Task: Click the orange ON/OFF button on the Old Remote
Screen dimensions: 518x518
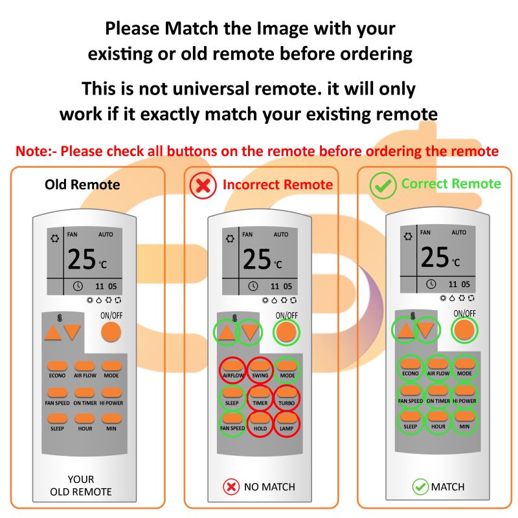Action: coord(111,332)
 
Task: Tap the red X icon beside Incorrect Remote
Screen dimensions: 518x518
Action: coord(203,185)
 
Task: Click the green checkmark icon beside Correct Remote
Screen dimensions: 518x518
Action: coord(383,185)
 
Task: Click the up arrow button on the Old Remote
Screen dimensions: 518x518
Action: coord(52,333)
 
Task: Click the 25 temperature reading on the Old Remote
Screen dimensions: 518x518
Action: coord(82,260)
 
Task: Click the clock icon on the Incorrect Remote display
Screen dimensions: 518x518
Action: coord(254,286)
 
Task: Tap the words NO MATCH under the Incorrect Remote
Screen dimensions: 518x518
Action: coord(269,486)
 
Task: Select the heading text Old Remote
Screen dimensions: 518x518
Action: coord(82,185)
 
